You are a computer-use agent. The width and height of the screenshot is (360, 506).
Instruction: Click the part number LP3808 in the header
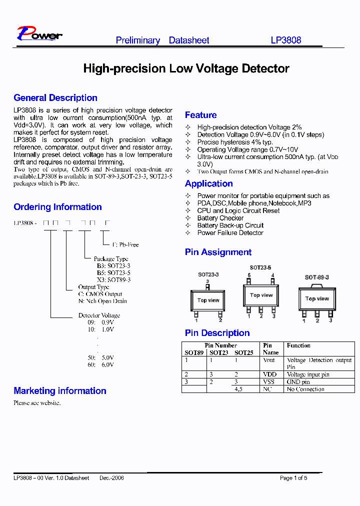286,40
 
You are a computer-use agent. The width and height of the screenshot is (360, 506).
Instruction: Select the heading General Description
55,98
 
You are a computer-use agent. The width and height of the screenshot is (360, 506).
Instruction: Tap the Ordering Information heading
57,207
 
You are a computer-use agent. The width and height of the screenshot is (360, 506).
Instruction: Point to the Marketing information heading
60,391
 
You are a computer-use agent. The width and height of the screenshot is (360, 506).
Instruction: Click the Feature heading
200,115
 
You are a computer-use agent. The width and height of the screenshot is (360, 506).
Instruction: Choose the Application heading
208,183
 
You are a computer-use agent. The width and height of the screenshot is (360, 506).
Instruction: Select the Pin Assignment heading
218,252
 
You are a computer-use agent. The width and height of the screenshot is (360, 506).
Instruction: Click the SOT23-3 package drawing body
208,300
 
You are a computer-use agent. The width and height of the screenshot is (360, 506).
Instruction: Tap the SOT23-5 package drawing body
261,296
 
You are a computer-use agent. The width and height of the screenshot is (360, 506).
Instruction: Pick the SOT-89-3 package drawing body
317,299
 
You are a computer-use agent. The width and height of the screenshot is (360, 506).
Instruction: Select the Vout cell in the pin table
269,360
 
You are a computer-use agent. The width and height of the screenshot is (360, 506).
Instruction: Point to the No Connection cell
305,389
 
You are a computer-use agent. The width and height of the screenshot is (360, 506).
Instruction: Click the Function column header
298,345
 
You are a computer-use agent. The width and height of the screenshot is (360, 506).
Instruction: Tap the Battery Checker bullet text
220,218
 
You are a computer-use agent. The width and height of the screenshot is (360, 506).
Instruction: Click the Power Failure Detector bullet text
230,232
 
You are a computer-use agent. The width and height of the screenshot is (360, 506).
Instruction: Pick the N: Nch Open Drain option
102,301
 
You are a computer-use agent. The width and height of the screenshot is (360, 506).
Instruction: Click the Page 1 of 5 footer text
293,478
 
